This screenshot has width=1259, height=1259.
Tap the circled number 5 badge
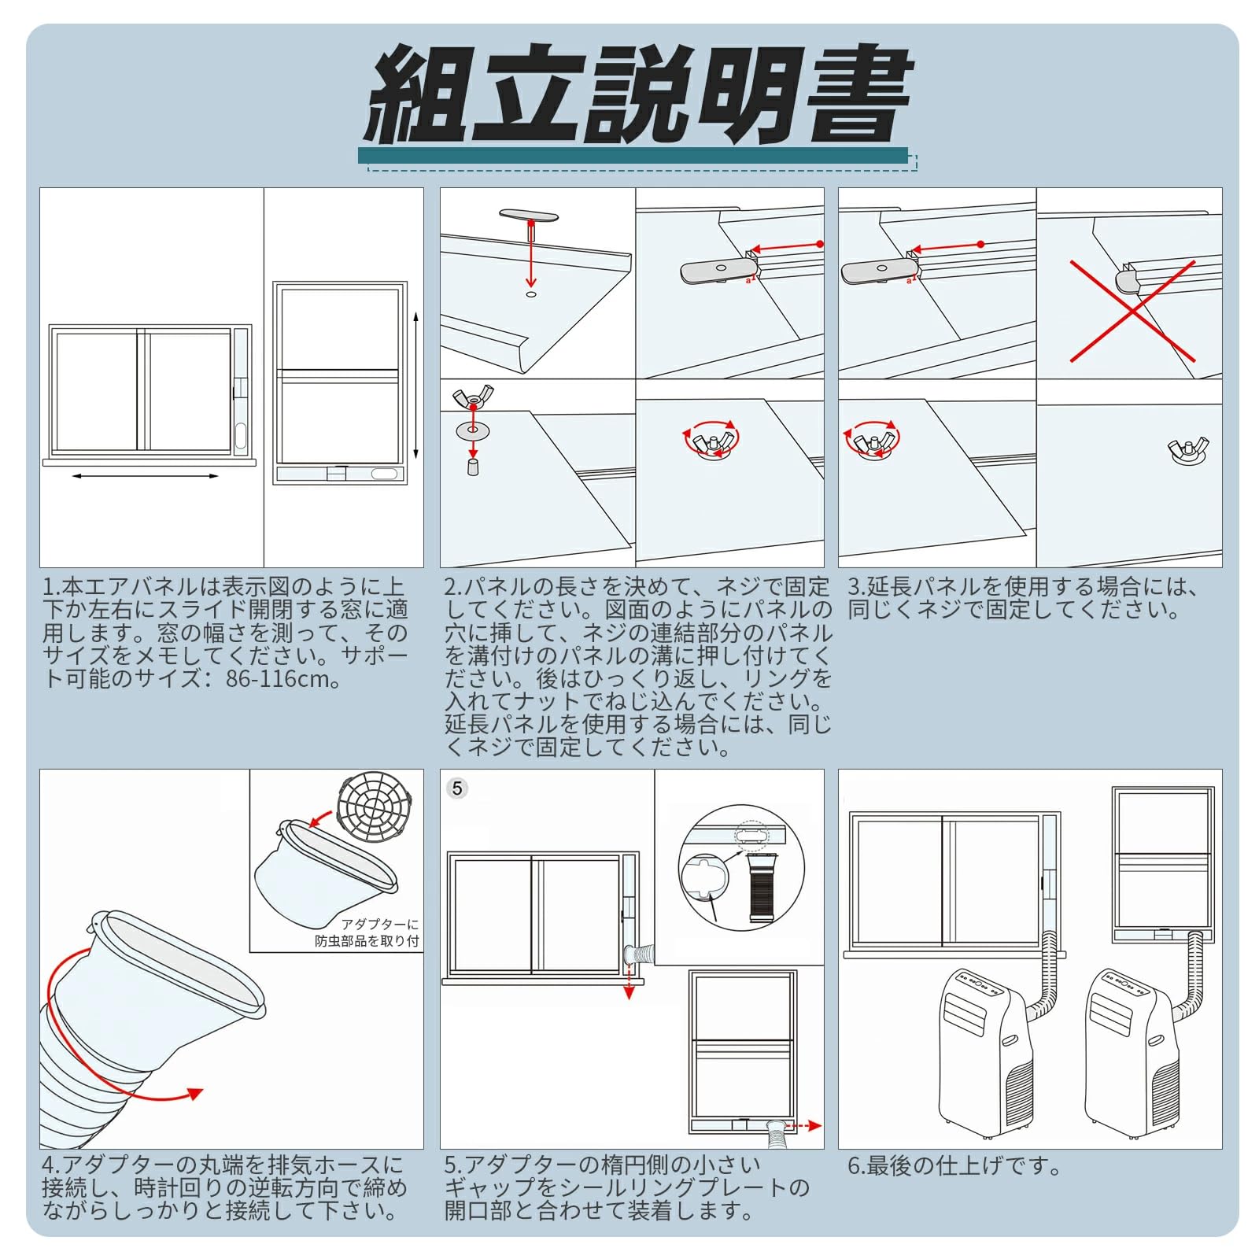[x=457, y=788]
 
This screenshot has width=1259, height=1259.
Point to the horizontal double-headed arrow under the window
[x=146, y=476]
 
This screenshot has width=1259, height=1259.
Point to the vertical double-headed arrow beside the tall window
[x=415, y=385]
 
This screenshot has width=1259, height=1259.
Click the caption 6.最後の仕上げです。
[x=954, y=1165]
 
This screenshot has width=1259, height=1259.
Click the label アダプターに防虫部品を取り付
[x=367, y=932]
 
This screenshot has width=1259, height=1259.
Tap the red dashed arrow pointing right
[x=803, y=1127]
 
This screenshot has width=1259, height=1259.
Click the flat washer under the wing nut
[x=473, y=430]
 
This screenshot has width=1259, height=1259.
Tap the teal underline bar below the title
[x=633, y=156]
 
